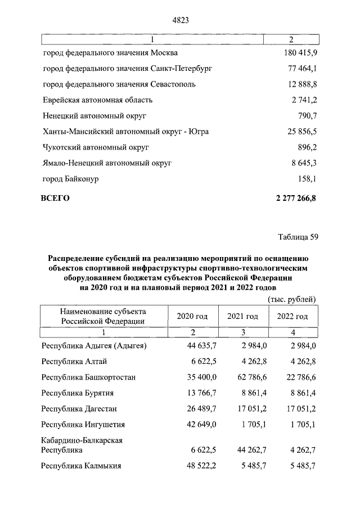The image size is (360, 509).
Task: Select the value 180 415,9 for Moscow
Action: pyautogui.click(x=297, y=53)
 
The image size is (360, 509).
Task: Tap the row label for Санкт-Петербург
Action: pyautogui.click(x=127, y=69)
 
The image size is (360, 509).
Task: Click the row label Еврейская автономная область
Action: pyautogui.click(x=98, y=100)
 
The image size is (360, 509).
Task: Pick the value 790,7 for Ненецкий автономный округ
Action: pyautogui.click(x=307, y=116)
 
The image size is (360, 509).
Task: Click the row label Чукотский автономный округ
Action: pyautogui.click(x=96, y=147)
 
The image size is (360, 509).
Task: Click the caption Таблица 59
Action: pyautogui.click(x=298, y=236)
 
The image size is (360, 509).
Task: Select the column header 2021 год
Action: pyautogui.click(x=242, y=316)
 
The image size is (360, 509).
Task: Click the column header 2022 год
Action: pyautogui.click(x=292, y=316)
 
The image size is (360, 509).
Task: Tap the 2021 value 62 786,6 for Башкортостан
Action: pyautogui.click(x=242, y=377)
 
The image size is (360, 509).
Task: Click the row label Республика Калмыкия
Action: pyautogui.click(x=82, y=466)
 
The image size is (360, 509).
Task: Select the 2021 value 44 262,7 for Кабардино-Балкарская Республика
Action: pyautogui.click(x=242, y=451)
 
